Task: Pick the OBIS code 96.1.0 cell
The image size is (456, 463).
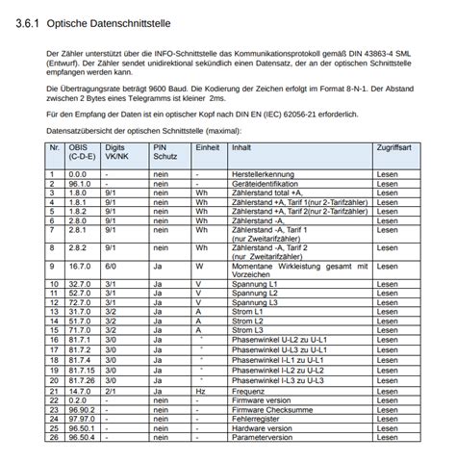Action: coord(78,182)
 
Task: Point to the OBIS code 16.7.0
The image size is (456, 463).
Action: coord(78,265)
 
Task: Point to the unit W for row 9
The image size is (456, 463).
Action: coord(199,265)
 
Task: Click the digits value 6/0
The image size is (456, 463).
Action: coord(112,265)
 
